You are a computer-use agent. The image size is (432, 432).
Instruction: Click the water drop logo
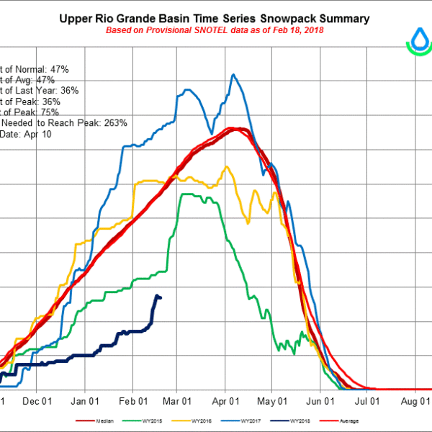(x=418, y=42)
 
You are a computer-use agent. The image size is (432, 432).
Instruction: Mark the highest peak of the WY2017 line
(x=233, y=74)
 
